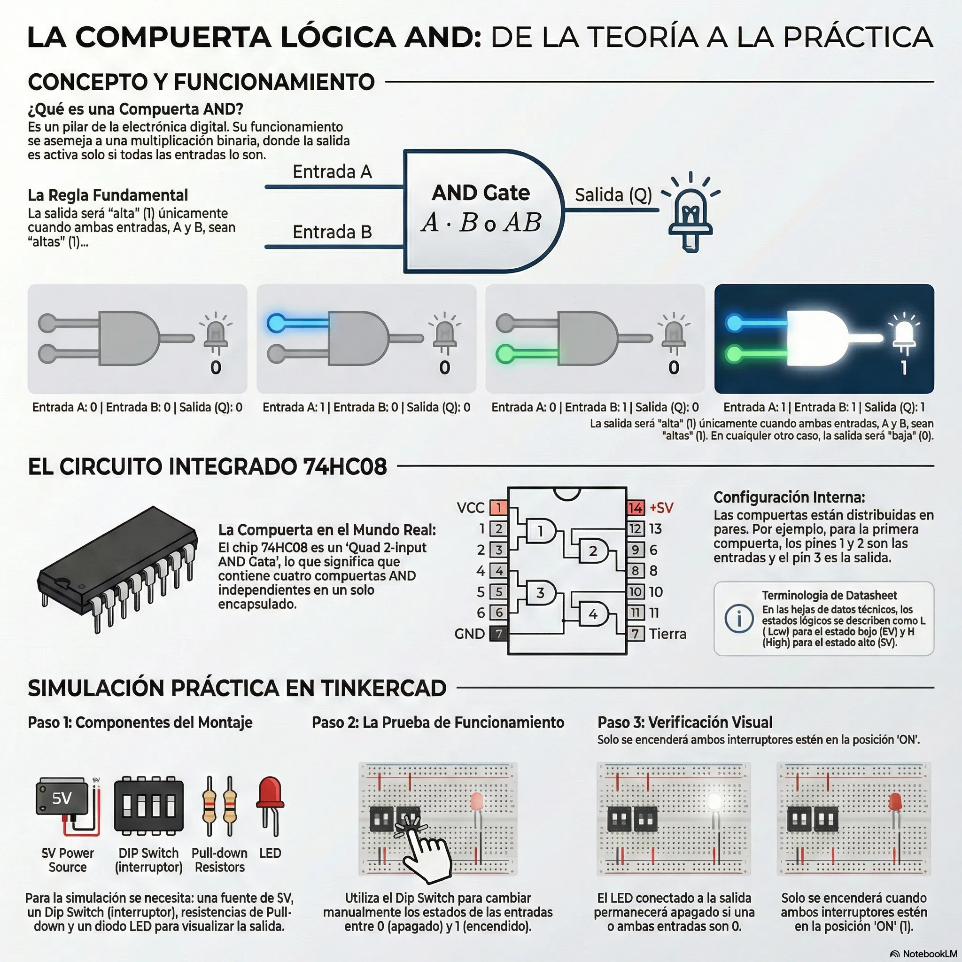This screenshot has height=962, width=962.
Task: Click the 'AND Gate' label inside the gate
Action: [481, 193]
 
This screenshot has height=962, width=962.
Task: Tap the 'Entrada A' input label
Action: [332, 172]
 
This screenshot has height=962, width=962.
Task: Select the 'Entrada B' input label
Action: [332, 232]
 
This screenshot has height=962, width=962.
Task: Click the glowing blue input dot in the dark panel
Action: [734, 323]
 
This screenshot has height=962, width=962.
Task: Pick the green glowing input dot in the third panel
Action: [505, 354]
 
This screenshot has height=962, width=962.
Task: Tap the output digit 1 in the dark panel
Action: [904, 368]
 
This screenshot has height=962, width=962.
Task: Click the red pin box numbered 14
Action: [635, 508]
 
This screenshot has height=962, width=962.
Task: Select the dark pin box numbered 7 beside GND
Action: [499, 633]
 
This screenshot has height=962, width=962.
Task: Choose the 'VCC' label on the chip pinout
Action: [471, 508]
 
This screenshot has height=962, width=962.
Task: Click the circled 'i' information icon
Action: [739, 619]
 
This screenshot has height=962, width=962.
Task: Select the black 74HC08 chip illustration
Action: [117, 569]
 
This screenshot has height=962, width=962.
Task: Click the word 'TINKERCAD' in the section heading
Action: [383, 688]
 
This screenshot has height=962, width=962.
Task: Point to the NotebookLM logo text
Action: [927, 953]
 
